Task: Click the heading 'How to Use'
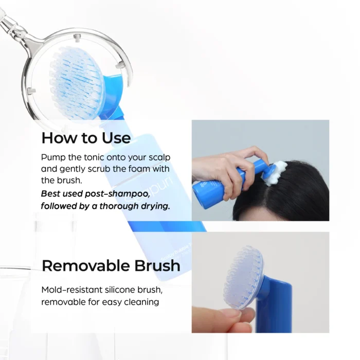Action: pos(86,138)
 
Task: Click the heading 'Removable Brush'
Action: pos(111,265)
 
